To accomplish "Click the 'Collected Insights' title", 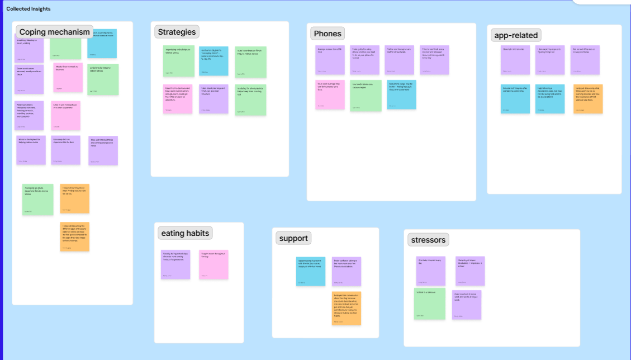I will click(29, 9).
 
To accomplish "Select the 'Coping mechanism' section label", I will click(54, 32).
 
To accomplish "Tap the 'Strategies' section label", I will click(177, 32).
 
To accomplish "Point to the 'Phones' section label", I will click(328, 34).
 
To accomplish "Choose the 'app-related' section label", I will click(516, 35).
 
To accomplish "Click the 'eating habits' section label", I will click(185, 233).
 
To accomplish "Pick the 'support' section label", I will click(293, 238).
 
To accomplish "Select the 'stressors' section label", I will click(428, 240).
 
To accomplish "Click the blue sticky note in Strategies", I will click(214, 61).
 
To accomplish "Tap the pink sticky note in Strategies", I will click(178, 99).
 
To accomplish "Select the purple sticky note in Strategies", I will click(214, 99).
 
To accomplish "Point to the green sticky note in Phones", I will click(366, 95).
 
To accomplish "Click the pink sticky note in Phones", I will click(330, 94).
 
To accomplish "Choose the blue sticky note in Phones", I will click(401, 94).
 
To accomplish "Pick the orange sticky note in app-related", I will click(588, 99).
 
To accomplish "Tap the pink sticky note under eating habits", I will click(214, 264).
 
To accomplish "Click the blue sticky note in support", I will click(311, 271).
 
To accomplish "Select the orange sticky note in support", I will click(347, 308).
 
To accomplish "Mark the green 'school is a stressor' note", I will click(430, 304).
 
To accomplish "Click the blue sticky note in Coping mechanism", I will click(102, 44).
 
